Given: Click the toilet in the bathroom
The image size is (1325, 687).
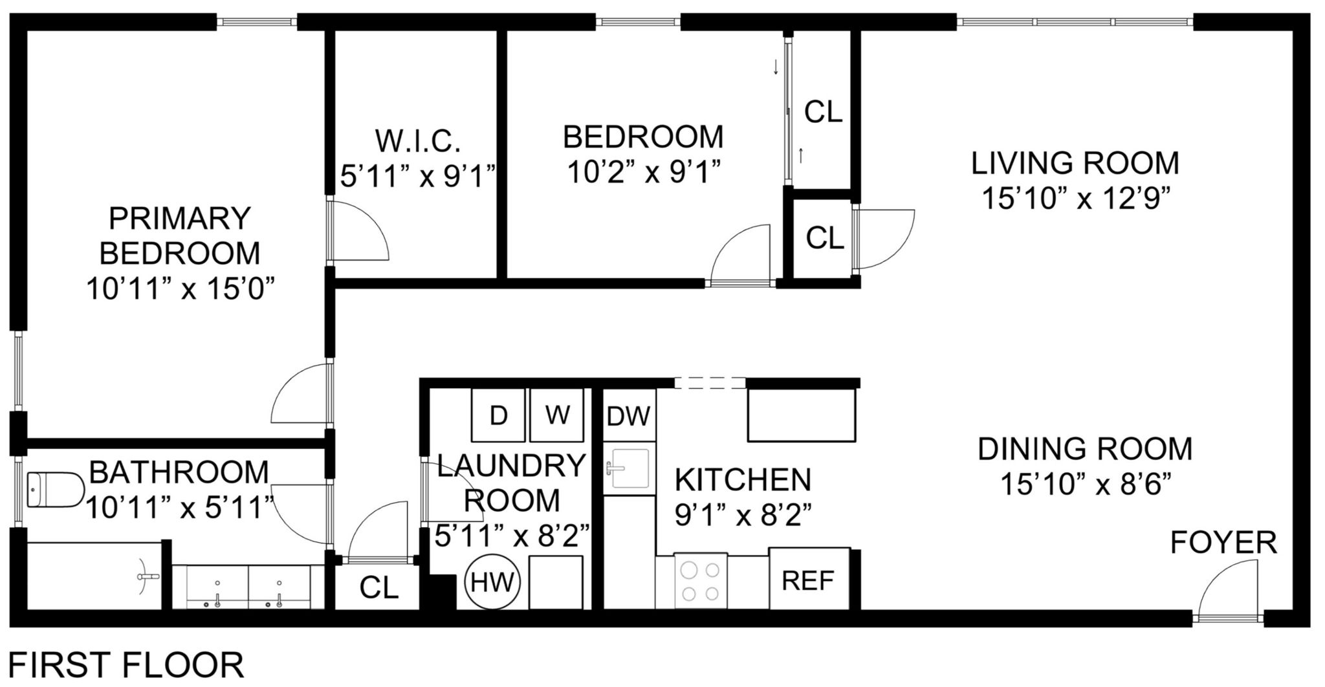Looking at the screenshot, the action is click(x=56, y=490).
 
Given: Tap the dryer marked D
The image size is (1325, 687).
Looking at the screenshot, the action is click(x=498, y=415).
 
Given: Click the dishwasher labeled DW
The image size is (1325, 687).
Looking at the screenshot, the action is click(x=628, y=415).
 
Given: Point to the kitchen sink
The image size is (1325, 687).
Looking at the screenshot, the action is click(x=628, y=468).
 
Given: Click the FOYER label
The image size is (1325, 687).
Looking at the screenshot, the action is click(x=1224, y=543).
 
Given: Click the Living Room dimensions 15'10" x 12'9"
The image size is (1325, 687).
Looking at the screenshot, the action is click(x=1077, y=199).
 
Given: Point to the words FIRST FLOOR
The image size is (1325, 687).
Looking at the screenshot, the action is click(x=127, y=666).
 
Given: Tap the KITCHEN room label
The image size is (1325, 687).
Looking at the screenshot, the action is click(x=743, y=480).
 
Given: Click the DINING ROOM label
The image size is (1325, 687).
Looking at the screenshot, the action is click(x=1085, y=449).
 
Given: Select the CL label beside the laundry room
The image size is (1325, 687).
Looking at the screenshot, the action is click(x=379, y=588).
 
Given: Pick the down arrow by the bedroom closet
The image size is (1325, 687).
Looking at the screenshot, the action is click(x=776, y=68).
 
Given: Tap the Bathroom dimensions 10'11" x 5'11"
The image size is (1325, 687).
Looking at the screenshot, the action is click(x=179, y=507).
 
